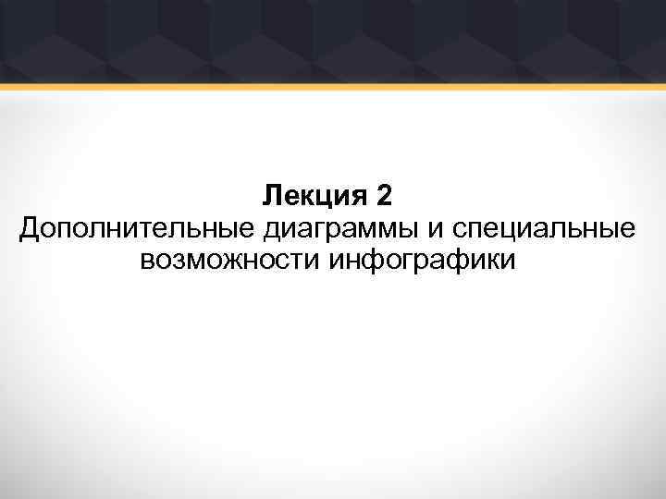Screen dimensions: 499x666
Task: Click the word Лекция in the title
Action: [x=314, y=196]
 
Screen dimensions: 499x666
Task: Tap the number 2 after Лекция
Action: [x=386, y=196]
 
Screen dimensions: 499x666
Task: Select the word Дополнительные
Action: [x=138, y=227]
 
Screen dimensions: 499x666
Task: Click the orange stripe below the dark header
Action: [x=333, y=87]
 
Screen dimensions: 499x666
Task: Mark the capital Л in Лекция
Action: [x=271, y=196]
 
